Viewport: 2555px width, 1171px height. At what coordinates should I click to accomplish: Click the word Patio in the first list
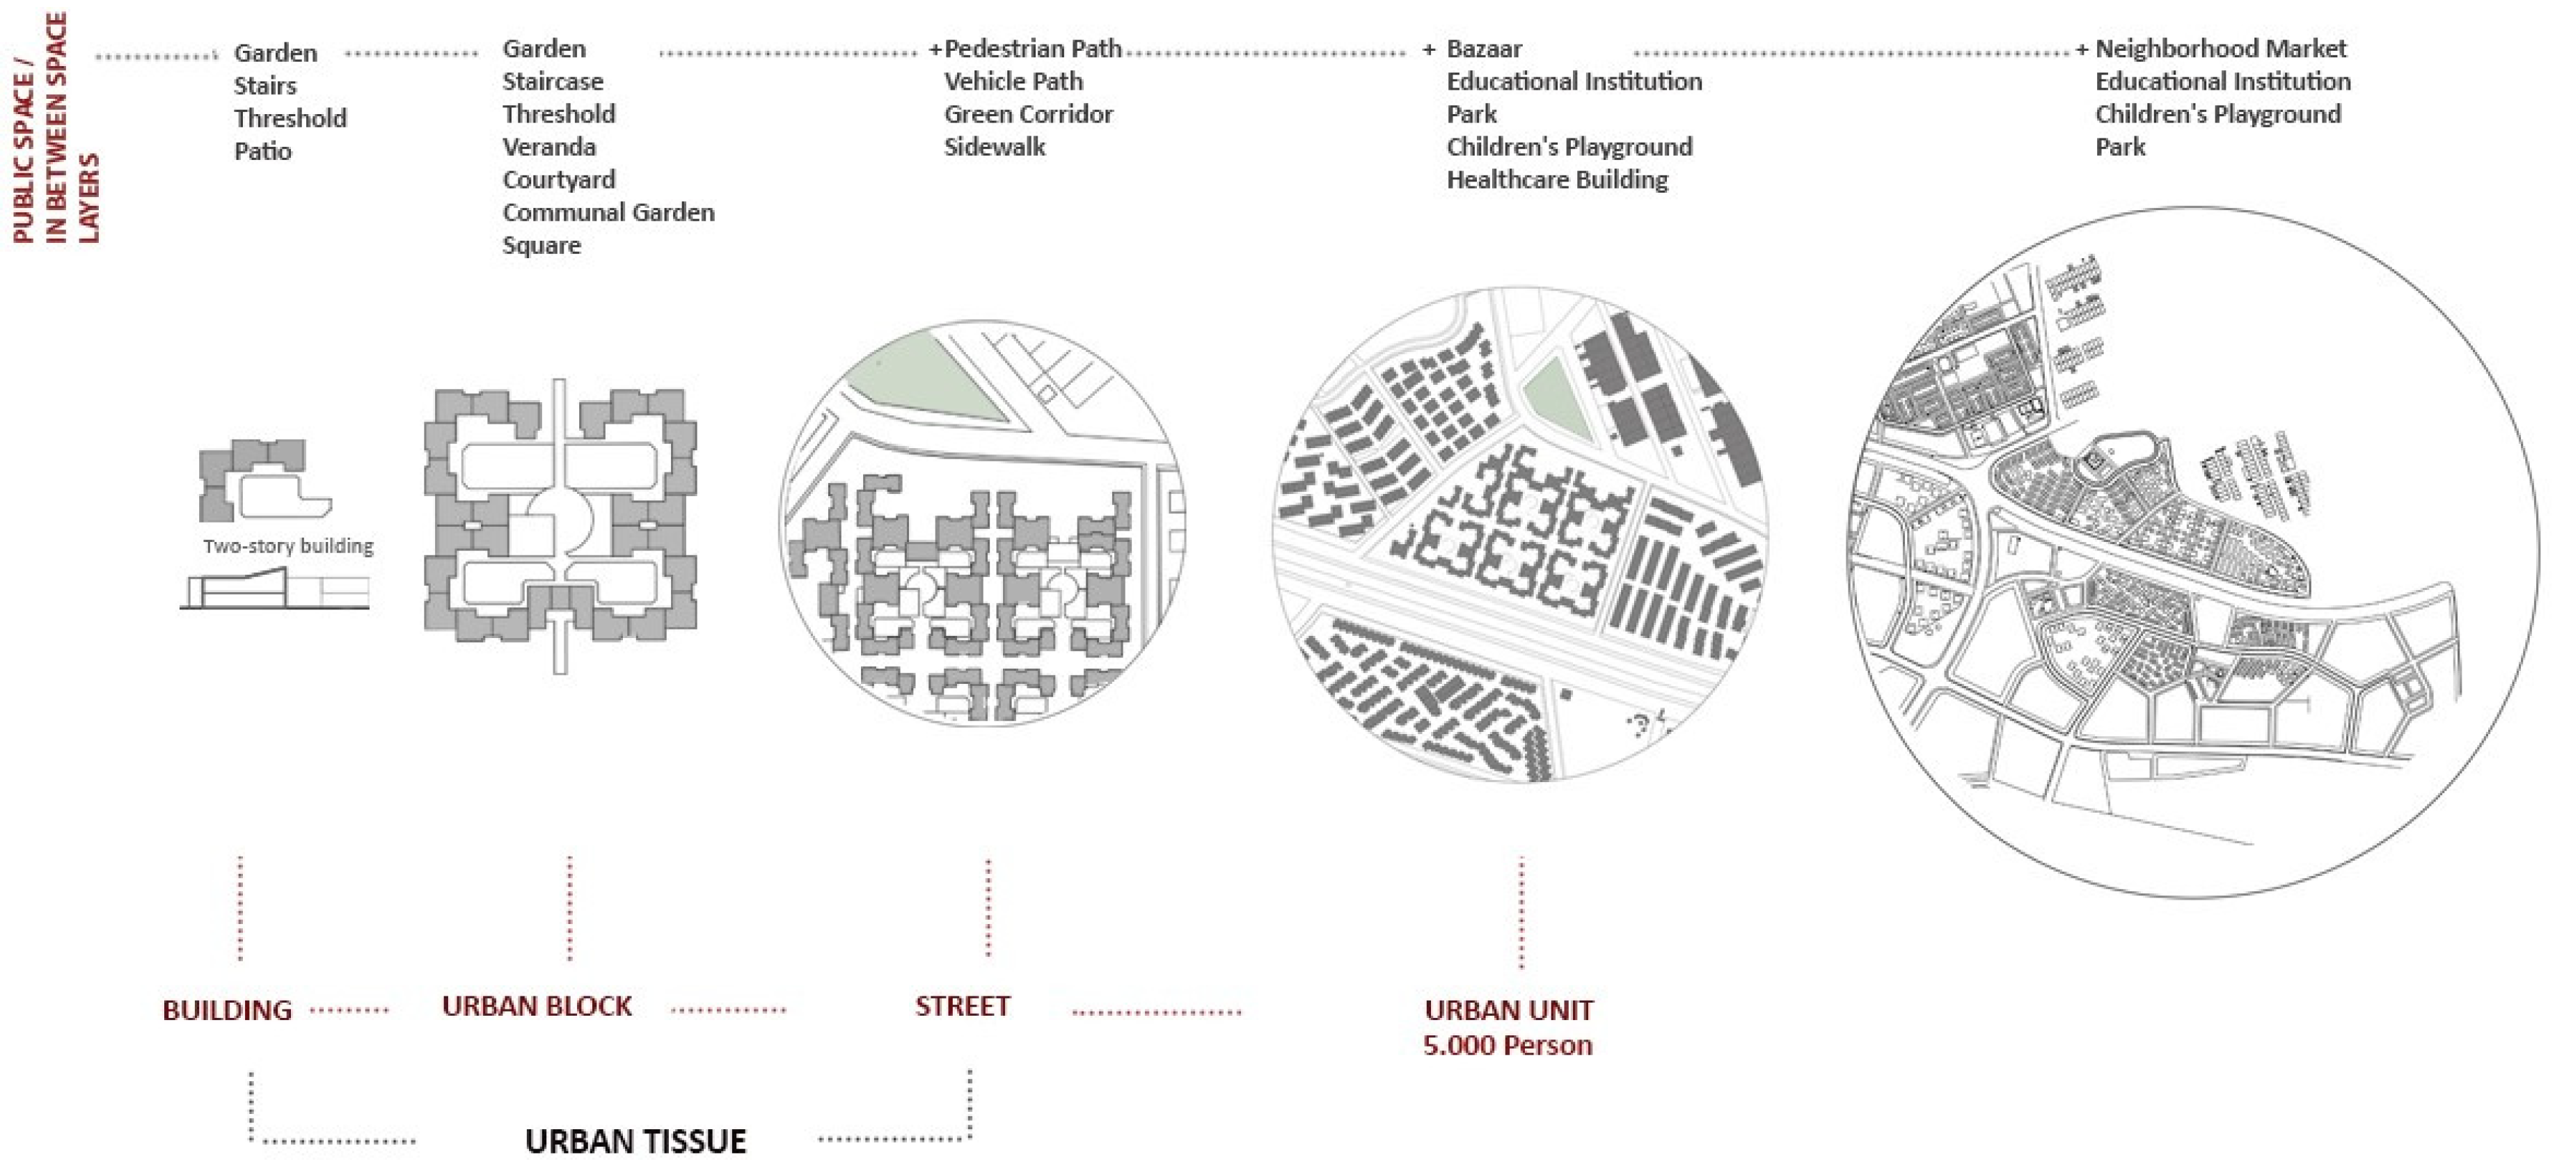tap(263, 152)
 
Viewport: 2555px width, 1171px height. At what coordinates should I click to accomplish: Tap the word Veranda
tap(548, 147)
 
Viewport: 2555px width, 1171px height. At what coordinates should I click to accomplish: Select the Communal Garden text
tap(608, 212)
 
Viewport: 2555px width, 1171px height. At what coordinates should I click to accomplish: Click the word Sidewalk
tap(994, 147)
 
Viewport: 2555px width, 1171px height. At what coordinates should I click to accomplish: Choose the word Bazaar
tap(1484, 49)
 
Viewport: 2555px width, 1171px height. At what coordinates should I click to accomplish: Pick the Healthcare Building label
tap(1557, 180)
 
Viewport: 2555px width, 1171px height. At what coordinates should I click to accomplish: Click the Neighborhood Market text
tap(2221, 49)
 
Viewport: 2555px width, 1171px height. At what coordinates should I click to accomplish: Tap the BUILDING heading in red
tap(227, 1010)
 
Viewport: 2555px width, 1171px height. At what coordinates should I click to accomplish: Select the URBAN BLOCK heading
tap(537, 1006)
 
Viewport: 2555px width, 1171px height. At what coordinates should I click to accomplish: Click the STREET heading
tap(962, 1006)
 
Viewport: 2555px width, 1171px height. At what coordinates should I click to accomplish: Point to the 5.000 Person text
tap(1508, 1045)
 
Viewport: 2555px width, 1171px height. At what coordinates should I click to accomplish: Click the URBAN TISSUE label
tap(635, 1141)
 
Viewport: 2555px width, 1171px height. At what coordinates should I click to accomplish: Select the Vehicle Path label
tap(1013, 81)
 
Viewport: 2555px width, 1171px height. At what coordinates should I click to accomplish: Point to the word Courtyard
tap(558, 180)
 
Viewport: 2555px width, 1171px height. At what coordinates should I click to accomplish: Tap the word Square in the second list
tap(541, 245)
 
